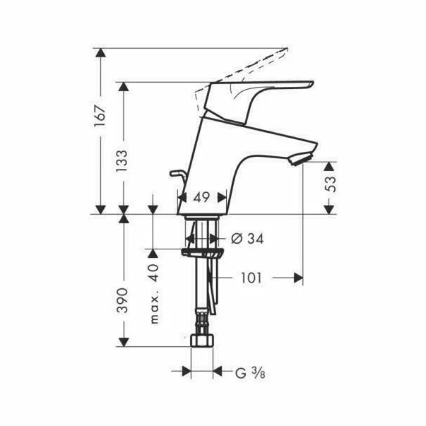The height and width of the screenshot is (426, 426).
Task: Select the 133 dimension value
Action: point(122,164)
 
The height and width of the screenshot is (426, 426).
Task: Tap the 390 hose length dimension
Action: point(122,300)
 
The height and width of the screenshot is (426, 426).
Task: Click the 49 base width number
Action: point(201,199)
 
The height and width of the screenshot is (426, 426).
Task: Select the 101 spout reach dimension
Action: point(250,278)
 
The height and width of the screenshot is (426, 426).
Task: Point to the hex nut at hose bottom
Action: point(203,340)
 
